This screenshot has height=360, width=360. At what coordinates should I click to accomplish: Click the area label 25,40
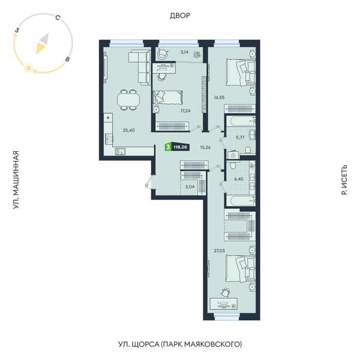[129, 131]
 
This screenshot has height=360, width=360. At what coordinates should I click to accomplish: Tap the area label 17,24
[185, 111]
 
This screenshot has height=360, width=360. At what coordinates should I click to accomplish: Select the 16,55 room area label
[219, 97]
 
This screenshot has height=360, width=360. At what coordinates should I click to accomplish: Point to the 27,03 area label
[219, 251]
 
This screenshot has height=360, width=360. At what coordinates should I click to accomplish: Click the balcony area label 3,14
[184, 52]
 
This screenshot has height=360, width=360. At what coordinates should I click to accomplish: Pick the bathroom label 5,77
[240, 137]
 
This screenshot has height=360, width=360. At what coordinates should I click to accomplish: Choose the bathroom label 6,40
[239, 179]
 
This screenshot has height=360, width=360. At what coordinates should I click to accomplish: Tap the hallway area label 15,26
[205, 148]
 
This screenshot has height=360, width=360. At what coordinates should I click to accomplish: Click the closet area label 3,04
[190, 187]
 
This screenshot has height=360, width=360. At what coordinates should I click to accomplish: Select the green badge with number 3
[168, 147]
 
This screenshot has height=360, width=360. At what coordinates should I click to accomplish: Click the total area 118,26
[180, 147]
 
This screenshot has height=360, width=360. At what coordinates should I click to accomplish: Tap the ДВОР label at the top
[180, 15]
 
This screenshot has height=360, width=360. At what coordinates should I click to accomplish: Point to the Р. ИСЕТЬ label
[344, 180]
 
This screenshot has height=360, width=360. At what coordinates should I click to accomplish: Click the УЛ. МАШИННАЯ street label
[15, 180]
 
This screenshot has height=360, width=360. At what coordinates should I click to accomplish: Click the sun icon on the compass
[28, 68]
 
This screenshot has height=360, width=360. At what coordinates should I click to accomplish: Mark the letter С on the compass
[58, 17]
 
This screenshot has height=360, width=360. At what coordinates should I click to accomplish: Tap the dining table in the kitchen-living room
[129, 100]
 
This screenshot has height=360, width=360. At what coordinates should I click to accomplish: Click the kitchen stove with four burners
[109, 139]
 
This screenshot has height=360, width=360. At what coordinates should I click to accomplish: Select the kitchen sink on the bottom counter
[120, 152]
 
